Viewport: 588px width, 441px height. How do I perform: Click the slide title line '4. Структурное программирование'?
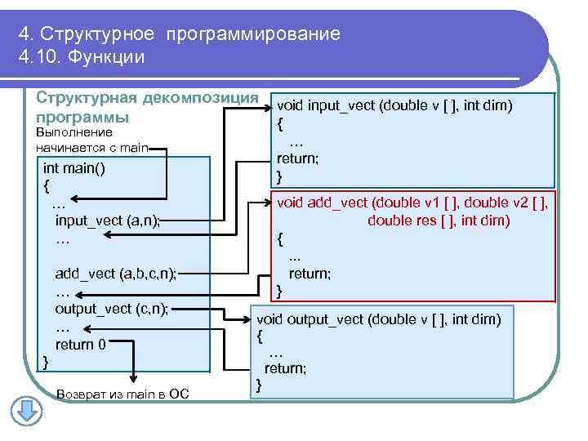(179, 34)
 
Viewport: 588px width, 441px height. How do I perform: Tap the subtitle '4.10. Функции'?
(81, 57)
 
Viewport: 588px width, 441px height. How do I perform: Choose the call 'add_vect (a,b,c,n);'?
(115, 273)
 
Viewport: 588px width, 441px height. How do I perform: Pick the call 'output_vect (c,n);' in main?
(111, 308)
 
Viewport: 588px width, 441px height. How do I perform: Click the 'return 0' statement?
(80, 344)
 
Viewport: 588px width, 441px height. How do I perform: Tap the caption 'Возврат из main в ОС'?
(122, 395)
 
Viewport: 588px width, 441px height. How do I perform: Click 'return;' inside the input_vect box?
(297, 158)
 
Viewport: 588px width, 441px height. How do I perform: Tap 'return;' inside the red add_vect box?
(310, 274)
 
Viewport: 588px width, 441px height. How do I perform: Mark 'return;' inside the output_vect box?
(286, 368)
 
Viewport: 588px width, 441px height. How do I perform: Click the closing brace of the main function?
(46, 361)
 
